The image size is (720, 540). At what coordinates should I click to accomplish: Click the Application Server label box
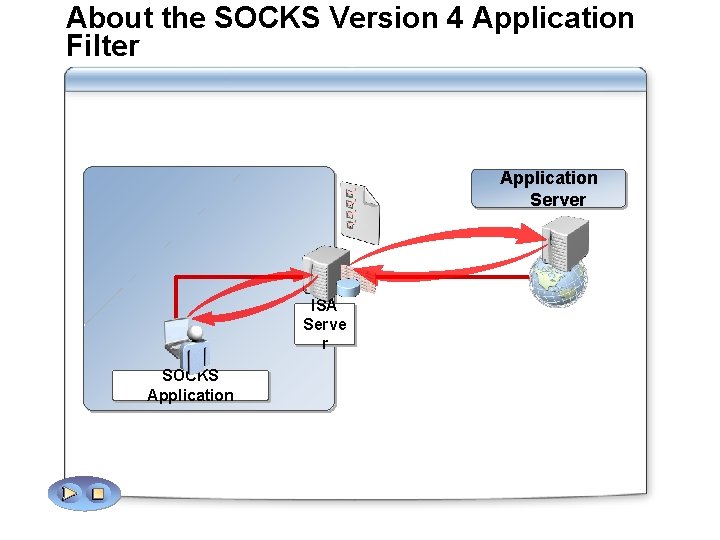pyautogui.click(x=549, y=189)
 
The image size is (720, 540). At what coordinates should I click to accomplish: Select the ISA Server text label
pyautogui.click(x=325, y=324)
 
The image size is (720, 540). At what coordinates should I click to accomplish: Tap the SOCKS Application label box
pyautogui.click(x=190, y=385)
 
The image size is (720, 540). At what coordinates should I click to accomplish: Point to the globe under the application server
pyautogui.click(x=560, y=283)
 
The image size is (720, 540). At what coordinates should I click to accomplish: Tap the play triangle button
pyautogui.click(x=69, y=493)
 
